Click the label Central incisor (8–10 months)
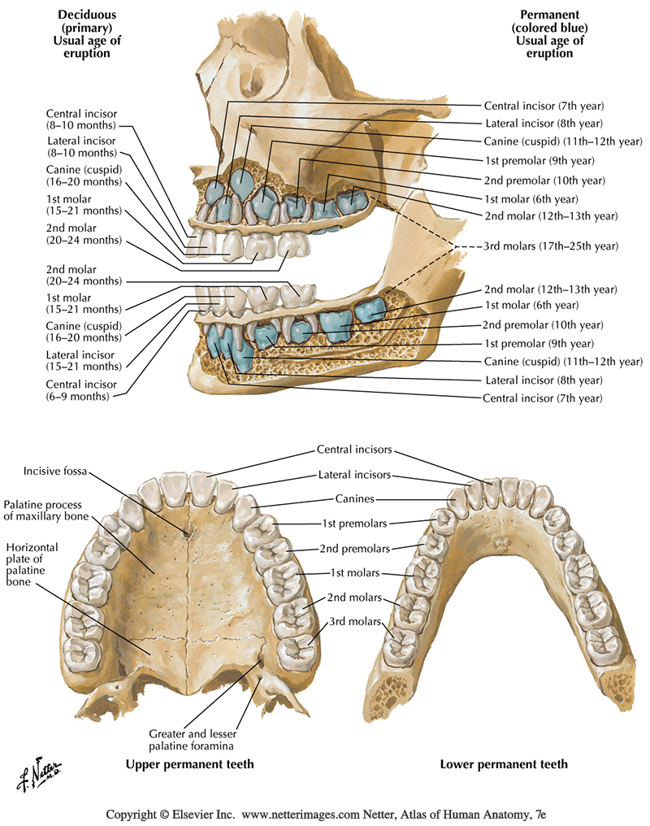(x=81, y=120)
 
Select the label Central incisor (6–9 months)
(x=81, y=389)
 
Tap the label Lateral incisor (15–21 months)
(x=81, y=361)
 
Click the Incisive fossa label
(x=55, y=471)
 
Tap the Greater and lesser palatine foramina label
(x=193, y=737)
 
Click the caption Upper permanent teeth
(x=189, y=764)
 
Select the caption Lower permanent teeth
(x=504, y=764)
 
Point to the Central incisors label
(x=354, y=450)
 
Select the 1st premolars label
(x=353, y=524)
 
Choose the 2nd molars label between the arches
(x=354, y=598)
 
